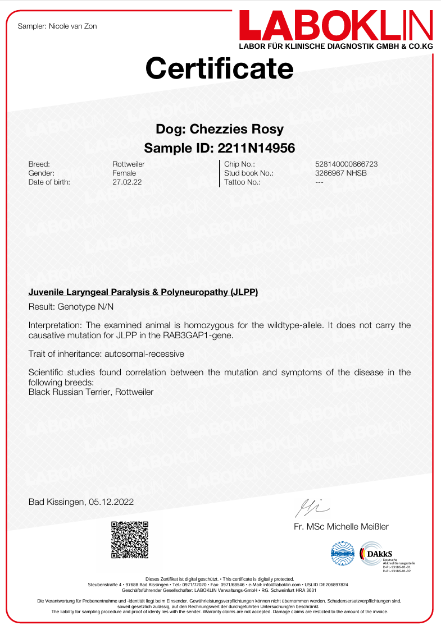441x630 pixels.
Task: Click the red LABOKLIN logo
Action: coord(336,27)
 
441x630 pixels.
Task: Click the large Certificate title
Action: coord(220,68)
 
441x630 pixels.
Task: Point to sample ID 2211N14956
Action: coord(256,148)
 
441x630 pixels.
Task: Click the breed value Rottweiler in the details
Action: coord(129,164)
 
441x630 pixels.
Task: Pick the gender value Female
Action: coord(124,173)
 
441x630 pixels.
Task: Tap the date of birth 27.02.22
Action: coord(126,182)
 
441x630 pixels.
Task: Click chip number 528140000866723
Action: coord(347,164)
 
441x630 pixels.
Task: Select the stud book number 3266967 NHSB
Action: coord(341,173)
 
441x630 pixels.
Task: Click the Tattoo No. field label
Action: coord(242,182)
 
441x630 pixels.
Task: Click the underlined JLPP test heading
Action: coord(143,292)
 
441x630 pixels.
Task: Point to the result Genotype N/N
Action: coord(85,307)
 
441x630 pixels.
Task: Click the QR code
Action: coord(130,540)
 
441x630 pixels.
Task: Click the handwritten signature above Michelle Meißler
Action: coord(312,508)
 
